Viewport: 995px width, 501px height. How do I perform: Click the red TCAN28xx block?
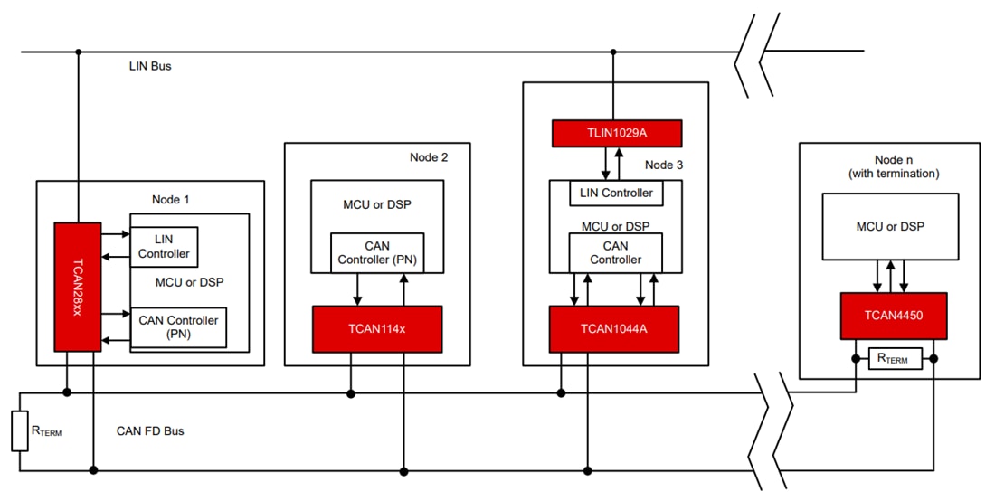click(78, 286)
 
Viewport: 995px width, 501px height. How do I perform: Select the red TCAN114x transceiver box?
click(377, 329)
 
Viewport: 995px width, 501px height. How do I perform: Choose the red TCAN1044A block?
click(614, 329)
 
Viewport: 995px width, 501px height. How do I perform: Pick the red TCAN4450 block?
click(893, 316)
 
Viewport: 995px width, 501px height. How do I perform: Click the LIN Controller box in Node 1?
click(164, 247)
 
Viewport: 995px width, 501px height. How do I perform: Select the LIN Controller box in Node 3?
click(615, 193)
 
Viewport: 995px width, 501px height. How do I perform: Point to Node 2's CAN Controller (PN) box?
click(377, 252)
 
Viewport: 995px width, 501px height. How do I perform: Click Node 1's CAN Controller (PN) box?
click(178, 327)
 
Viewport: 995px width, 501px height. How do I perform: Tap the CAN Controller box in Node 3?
click(615, 252)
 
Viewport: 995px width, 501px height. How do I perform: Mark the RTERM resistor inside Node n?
click(894, 359)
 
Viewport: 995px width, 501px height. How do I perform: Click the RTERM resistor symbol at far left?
click(19, 431)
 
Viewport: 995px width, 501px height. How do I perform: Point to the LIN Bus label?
click(150, 67)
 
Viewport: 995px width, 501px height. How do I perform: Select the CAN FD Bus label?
click(150, 431)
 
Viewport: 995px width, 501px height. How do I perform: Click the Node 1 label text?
click(171, 199)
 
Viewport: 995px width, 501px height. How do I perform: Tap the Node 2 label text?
click(428, 157)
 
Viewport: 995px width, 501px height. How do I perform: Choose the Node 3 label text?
click(665, 165)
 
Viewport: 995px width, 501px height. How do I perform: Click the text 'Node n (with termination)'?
click(888, 166)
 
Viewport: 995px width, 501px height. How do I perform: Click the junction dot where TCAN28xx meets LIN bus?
click(78, 52)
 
